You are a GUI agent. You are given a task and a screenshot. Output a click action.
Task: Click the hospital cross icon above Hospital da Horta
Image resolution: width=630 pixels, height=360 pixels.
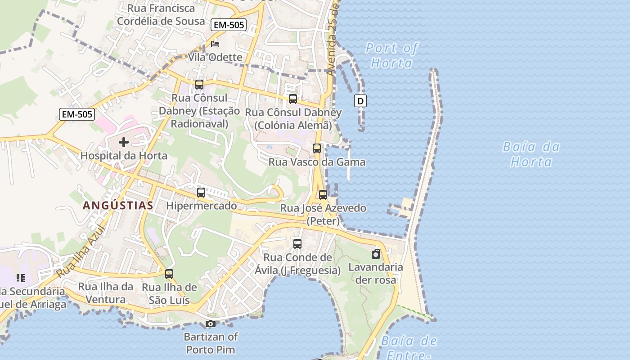123,143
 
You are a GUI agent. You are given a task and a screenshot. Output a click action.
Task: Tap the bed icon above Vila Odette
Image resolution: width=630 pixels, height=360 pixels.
215,44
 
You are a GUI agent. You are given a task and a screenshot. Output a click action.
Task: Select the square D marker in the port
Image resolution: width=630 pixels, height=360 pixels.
360,101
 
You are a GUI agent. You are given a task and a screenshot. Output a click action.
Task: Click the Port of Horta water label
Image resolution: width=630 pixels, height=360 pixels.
391,55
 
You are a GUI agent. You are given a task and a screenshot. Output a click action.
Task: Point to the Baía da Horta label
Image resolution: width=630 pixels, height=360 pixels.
531,154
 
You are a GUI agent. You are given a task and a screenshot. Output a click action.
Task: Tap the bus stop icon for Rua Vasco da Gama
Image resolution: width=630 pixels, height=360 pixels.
317,148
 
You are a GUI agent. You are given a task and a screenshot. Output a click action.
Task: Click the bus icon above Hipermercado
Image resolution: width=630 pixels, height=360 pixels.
201,193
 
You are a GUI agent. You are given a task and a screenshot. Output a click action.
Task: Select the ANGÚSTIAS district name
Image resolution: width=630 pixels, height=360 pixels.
118,206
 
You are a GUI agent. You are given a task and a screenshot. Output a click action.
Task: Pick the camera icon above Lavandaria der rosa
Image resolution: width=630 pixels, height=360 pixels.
376,254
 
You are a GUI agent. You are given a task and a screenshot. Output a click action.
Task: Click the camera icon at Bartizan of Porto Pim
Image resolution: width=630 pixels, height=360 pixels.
210,324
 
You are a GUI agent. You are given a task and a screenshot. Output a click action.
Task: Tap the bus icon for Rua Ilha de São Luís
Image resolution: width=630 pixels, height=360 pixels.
169,274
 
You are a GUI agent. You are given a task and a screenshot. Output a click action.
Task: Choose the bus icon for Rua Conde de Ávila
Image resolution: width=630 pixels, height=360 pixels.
297,244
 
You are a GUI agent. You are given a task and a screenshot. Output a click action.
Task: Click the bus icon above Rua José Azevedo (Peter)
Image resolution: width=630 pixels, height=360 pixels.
323,195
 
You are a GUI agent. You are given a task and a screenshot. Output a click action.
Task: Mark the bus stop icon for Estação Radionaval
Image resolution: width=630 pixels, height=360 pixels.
199,85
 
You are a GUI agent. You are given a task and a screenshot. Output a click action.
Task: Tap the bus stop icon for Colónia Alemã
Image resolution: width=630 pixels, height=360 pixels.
293,99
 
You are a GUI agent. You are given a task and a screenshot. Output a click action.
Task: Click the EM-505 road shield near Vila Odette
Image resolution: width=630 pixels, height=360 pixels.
229,25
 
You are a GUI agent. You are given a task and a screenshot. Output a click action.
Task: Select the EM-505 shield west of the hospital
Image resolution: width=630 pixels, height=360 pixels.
77,114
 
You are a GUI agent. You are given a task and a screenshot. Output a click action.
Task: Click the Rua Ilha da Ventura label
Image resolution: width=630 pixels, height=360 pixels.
106,293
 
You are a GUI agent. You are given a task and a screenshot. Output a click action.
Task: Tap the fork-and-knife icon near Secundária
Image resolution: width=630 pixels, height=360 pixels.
20,278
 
